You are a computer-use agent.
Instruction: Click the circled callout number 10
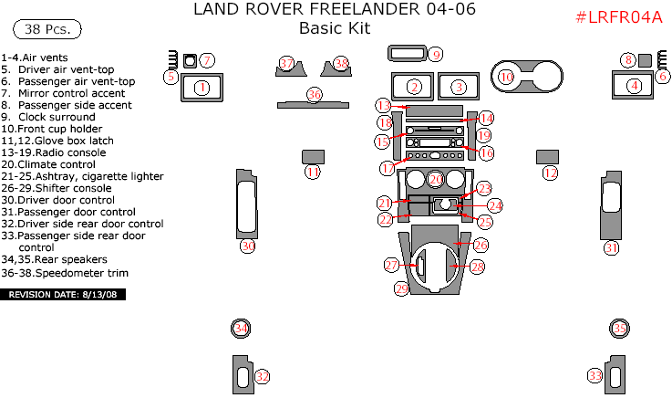pyautogui.click(x=505, y=78)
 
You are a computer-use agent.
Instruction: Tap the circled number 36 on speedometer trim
pyautogui.click(x=315, y=94)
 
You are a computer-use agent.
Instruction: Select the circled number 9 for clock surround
pyautogui.click(x=436, y=55)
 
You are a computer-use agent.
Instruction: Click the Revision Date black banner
pyautogui.click(x=63, y=295)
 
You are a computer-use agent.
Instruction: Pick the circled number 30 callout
pyautogui.click(x=247, y=246)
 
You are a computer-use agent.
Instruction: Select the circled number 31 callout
pyautogui.click(x=611, y=247)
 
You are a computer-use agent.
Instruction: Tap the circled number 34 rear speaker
pyautogui.click(x=241, y=328)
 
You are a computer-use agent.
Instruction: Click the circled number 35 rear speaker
pyautogui.click(x=619, y=329)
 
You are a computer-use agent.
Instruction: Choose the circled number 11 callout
pyautogui.click(x=313, y=172)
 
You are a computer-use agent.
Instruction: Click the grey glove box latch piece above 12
pyautogui.click(x=547, y=155)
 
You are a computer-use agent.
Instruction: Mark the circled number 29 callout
pyautogui.click(x=401, y=288)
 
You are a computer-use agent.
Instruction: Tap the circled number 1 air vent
pyautogui.click(x=202, y=88)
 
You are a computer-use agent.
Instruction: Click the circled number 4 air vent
pyautogui.click(x=633, y=86)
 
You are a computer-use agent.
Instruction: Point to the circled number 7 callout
pyautogui.click(x=207, y=61)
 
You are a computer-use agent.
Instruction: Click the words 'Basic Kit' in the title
pyautogui.click(x=335, y=28)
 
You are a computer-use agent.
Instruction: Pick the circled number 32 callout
pyautogui.click(x=262, y=375)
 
